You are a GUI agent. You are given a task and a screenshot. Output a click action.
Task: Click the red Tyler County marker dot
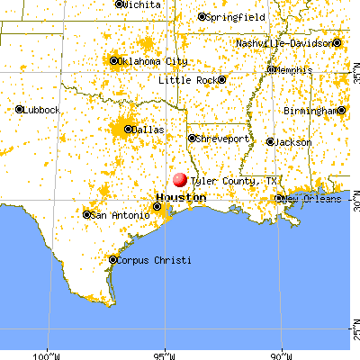click(179, 180)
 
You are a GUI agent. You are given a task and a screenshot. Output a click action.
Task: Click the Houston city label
click(175, 196)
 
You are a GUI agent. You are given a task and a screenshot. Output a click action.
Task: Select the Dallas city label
click(149, 130)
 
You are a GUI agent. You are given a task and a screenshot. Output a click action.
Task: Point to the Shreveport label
click(222, 139)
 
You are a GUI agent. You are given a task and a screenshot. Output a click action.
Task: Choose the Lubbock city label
click(42, 110)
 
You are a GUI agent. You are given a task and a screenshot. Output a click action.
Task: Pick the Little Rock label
click(187, 80)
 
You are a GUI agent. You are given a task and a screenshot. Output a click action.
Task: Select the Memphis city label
click(294, 69)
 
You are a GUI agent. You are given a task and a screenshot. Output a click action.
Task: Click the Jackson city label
click(294, 142)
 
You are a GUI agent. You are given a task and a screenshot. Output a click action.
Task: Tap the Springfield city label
click(234, 17)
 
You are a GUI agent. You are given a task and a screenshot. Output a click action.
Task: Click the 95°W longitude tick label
click(164, 353)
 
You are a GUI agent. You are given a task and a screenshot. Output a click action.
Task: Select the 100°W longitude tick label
click(47, 353)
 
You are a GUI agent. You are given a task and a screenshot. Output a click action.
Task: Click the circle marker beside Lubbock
click(20, 110)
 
